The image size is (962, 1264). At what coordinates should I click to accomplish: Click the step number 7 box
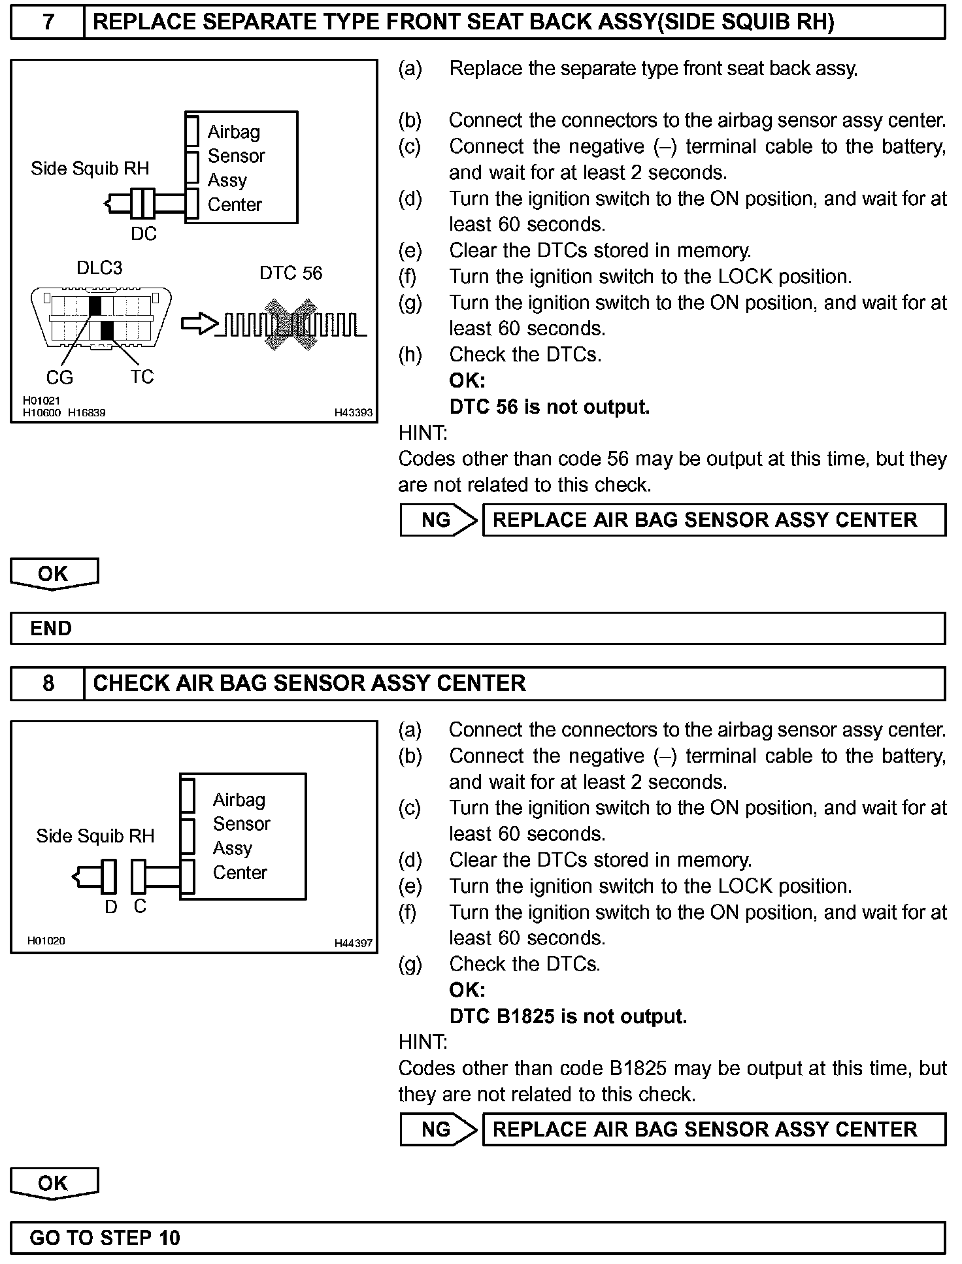tap(48, 23)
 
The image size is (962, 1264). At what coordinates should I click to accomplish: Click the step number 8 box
tap(48, 684)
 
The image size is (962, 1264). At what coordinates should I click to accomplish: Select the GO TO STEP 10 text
tap(105, 1238)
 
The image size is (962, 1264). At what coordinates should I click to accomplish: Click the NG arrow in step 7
tap(438, 520)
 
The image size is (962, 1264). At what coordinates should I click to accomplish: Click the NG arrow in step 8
tap(438, 1129)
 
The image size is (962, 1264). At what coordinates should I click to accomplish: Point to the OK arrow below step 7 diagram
tap(54, 574)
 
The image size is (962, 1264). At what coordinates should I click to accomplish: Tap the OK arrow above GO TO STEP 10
tap(54, 1183)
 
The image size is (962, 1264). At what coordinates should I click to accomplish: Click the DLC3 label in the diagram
tap(99, 268)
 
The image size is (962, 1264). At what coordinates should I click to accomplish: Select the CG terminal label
tap(59, 377)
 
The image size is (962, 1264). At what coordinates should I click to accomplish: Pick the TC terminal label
tap(141, 376)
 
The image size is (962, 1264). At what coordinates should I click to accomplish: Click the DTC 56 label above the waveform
tap(291, 273)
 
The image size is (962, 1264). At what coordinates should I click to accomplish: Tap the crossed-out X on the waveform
tap(290, 325)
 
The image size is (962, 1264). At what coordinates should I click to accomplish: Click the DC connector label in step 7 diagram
tap(144, 234)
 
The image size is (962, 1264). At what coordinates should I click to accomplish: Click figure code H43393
tap(353, 412)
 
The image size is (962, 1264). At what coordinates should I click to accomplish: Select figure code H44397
tap(353, 943)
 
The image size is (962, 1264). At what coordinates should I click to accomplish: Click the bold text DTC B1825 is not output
tap(567, 1016)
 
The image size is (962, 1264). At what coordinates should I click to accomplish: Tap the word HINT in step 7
tap(422, 433)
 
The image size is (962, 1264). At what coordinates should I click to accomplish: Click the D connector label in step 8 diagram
tap(111, 906)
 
